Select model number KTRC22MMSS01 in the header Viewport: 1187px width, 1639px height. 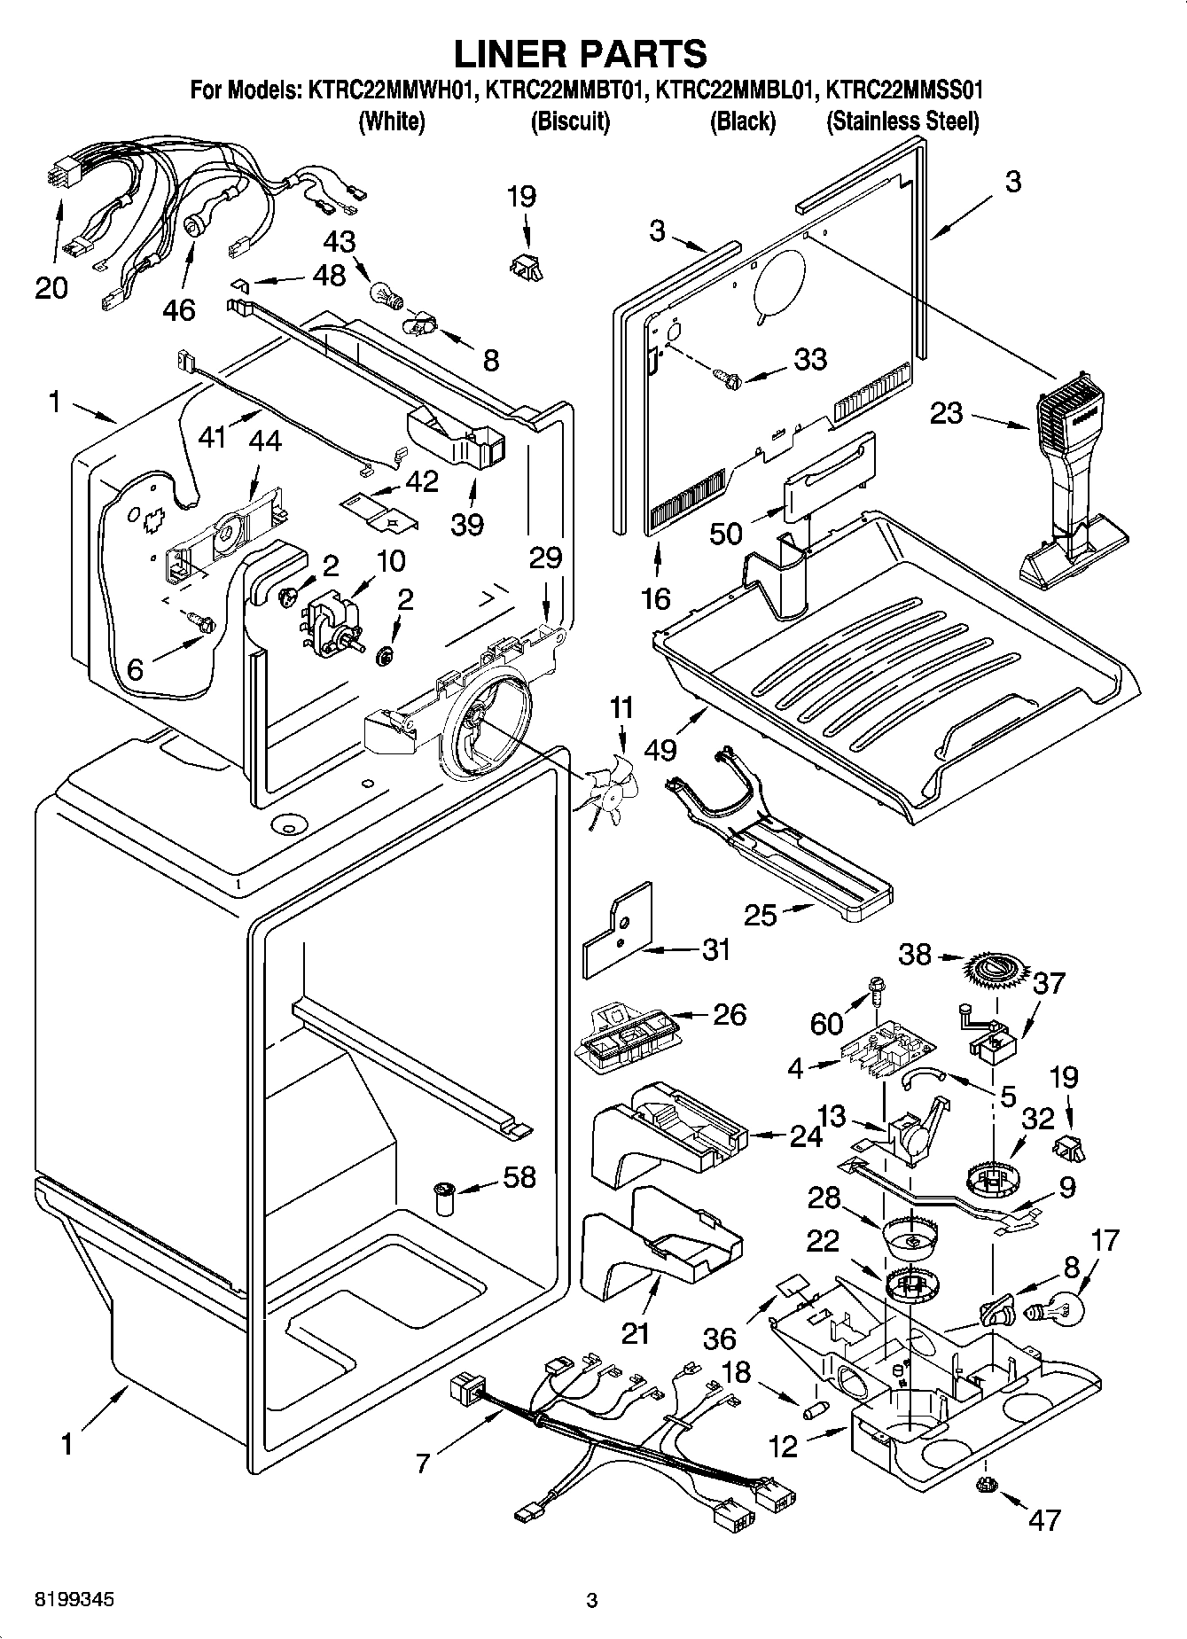pyautogui.click(x=904, y=90)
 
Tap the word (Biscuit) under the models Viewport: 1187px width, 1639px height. pyautogui.click(x=570, y=121)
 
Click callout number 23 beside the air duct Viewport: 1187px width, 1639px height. pyautogui.click(x=946, y=413)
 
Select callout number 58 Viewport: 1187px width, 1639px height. pyautogui.click(x=519, y=1177)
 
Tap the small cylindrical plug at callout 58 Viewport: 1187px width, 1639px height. pyautogui.click(x=443, y=1198)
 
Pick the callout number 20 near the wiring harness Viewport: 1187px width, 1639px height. pyautogui.click(x=51, y=288)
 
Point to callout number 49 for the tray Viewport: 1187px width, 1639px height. pyautogui.click(x=660, y=749)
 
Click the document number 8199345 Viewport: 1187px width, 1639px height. pyautogui.click(x=74, y=1600)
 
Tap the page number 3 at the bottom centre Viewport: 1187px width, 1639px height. pyautogui.click(x=592, y=1601)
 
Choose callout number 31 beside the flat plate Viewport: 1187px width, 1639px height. pyautogui.click(x=716, y=949)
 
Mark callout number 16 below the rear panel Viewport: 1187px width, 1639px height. pyautogui.click(x=656, y=599)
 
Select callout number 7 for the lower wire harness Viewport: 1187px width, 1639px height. pyautogui.click(x=425, y=1463)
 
